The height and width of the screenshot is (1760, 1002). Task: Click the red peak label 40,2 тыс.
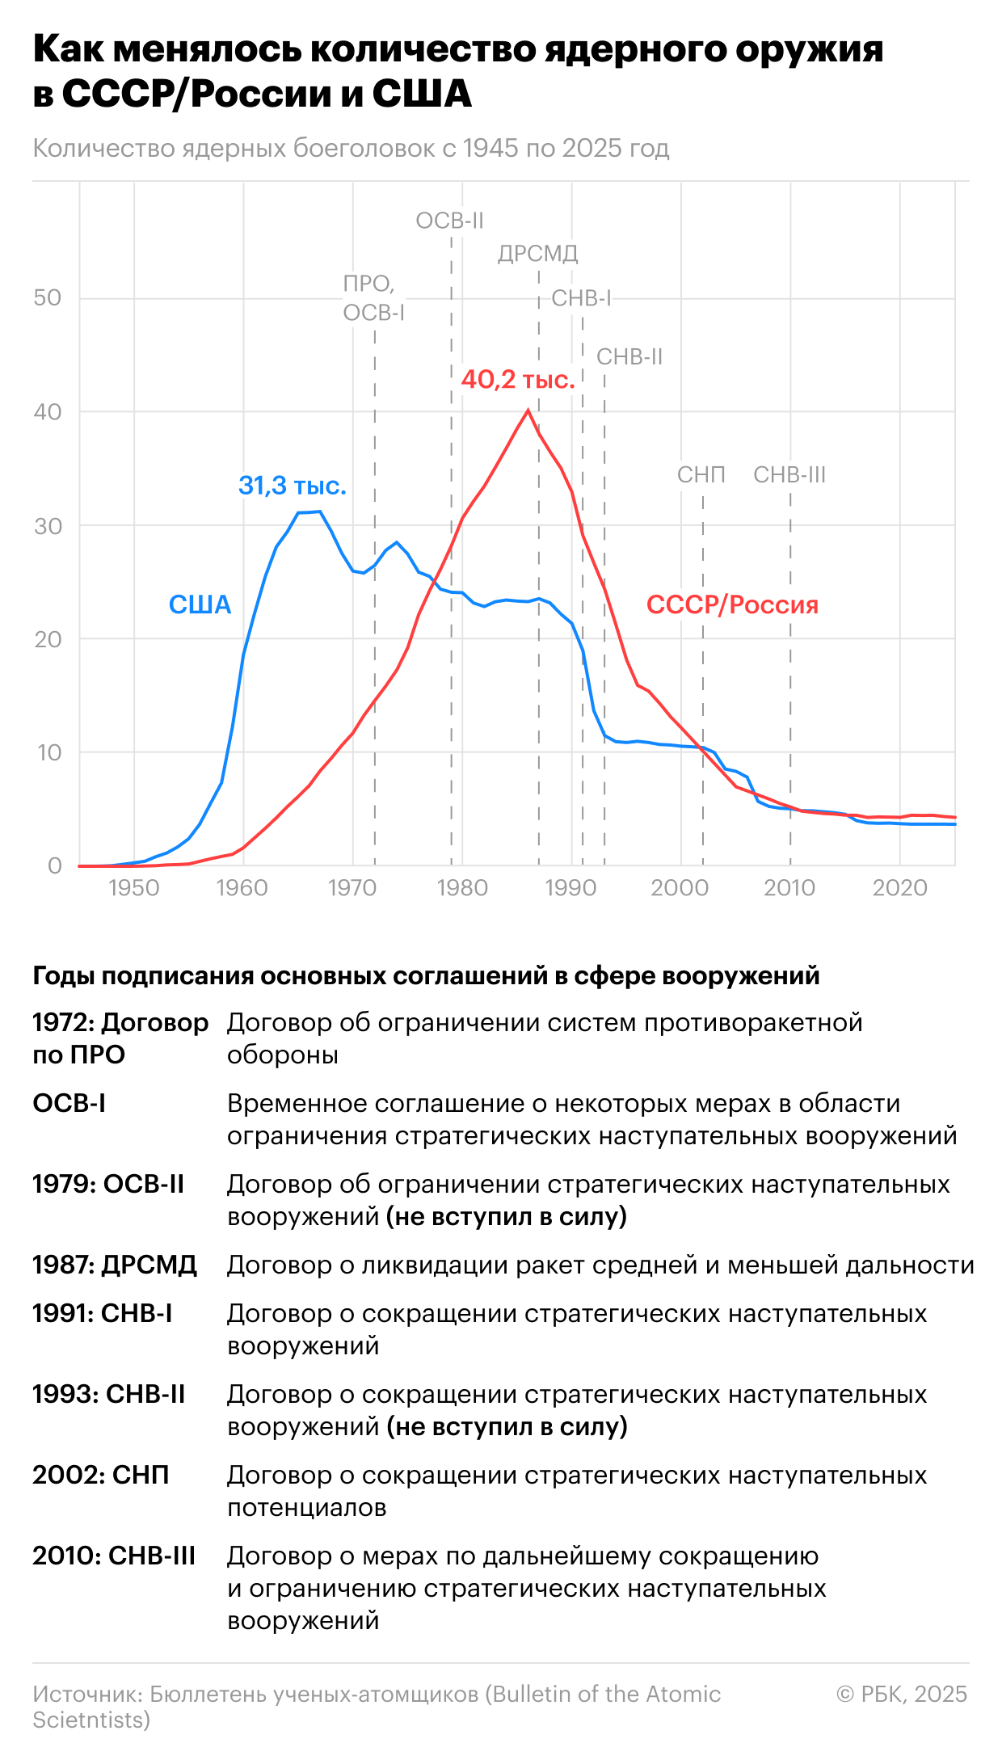pyautogui.click(x=517, y=379)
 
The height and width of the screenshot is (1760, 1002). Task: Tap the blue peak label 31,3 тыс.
pyautogui.click(x=292, y=486)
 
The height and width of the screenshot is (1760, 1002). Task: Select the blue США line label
pyautogui.click(x=200, y=604)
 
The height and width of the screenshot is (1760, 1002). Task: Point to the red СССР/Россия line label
pyautogui.click(x=732, y=604)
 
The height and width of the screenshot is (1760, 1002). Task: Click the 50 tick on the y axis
pyautogui.click(x=48, y=298)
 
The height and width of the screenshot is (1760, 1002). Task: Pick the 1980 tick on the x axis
pyautogui.click(x=462, y=888)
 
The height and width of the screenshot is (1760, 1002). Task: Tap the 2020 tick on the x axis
pyautogui.click(x=899, y=888)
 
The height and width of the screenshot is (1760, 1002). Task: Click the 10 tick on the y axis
pyautogui.click(x=48, y=753)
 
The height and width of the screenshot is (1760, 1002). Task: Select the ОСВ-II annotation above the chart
pyautogui.click(x=449, y=221)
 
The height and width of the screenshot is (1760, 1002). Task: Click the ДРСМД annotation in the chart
pyautogui.click(x=537, y=254)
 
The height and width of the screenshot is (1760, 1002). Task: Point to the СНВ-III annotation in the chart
pyautogui.click(x=789, y=475)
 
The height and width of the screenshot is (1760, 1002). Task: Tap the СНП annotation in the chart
pyautogui.click(x=701, y=475)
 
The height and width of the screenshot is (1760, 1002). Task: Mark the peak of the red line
pyautogui.click(x=528, y=411)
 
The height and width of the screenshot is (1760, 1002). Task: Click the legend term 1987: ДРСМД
pyautogui.click(x=115, y=1265)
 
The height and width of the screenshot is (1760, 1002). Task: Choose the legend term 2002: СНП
pyautogui.click(x=101, y=1475)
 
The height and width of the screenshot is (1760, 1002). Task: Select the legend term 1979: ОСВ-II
pyautogui.click(x=108, y=1184)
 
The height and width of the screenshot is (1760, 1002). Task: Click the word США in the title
pyautogui.click(x=422, y=94)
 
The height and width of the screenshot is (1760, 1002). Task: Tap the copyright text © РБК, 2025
pyautogui.click(x=901, y=1694)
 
